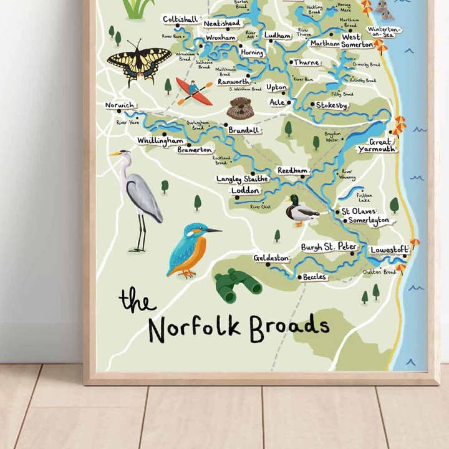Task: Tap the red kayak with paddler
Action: pos(194,91)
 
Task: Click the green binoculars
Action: pos(238,285)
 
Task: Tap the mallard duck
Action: pos(300,211)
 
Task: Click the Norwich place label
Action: pos(118,105)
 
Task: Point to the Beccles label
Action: pos(314,276)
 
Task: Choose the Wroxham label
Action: pos(220,37)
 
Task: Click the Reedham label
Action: pos(292,170)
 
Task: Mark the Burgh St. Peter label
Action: pos(329,247)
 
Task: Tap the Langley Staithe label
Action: pos(242,179)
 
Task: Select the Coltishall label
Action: pos(180,19)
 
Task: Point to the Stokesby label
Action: pos(331,105)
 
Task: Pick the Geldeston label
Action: pos(271,258)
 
